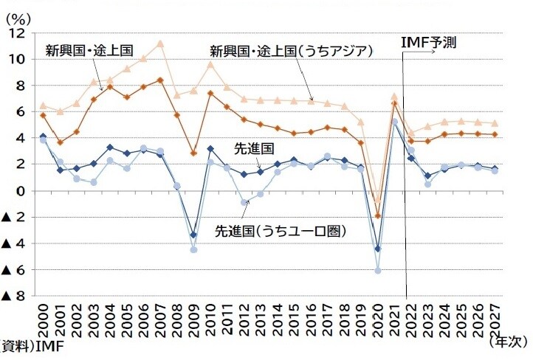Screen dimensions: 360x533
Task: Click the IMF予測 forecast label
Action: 428,43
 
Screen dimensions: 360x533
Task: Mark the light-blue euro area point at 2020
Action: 377,271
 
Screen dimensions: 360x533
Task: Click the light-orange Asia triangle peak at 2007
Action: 160,44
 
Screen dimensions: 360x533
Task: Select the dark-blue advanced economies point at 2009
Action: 193,235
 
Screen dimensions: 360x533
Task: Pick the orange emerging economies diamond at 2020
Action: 377,216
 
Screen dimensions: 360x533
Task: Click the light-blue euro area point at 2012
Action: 244,202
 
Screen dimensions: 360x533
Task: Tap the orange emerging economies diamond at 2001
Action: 60,142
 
